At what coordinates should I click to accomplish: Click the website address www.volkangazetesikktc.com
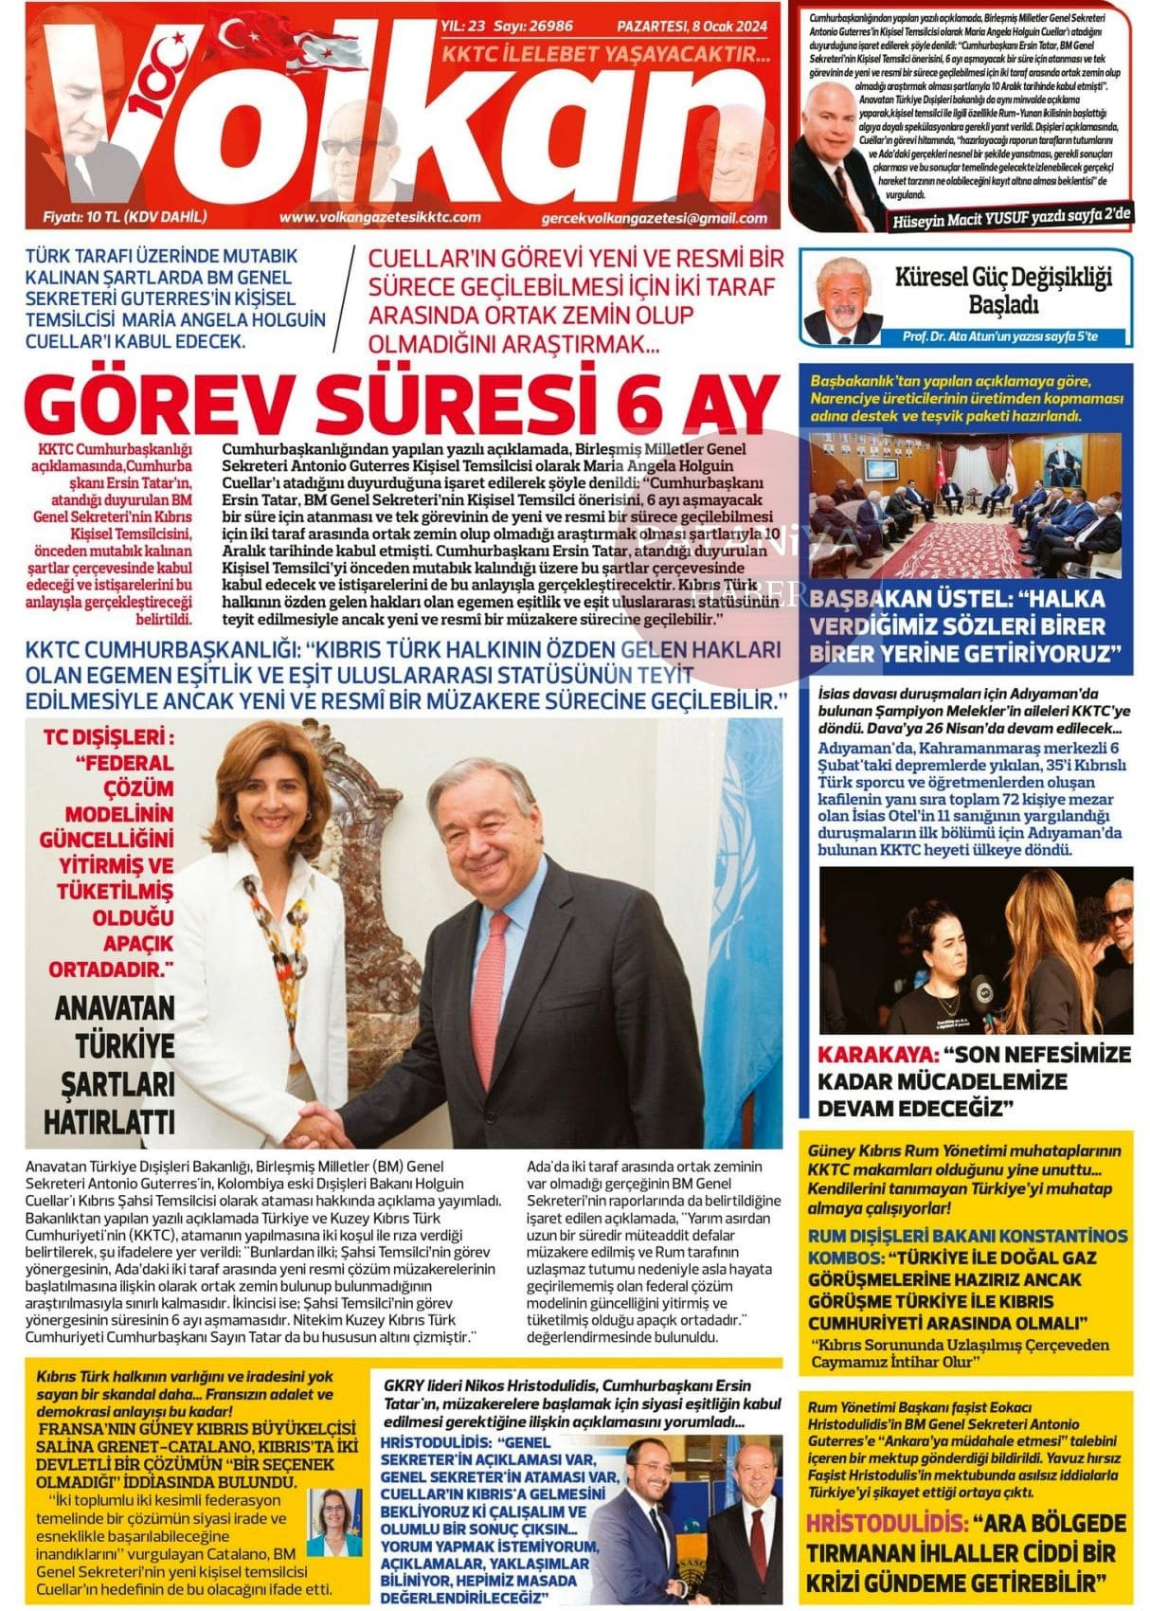click(380, 217)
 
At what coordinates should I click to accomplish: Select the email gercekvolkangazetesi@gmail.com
click(654, 218)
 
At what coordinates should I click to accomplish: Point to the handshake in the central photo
click(318, 1128)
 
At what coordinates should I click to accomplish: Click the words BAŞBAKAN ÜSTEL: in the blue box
click(907, 599)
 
